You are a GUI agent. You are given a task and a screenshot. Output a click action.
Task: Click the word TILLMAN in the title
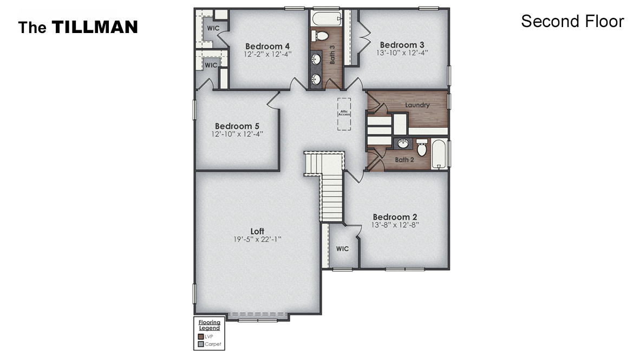tap(94, 27)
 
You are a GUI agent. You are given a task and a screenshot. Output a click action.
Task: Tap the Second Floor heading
tap(572, 21)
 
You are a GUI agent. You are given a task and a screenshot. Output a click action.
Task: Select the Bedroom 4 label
tap(267, 46)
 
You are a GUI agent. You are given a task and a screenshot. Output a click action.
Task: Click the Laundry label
tap(417, 105)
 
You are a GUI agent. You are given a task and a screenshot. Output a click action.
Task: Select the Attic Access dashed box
tap(344, 114)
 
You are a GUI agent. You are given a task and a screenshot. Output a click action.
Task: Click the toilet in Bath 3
tap(321, 36)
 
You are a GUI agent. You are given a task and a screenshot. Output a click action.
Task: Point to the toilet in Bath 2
tap(422, 149)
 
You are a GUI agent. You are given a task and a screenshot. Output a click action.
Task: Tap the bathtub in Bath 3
tap(325, 18)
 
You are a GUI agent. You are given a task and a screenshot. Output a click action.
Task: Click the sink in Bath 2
tap(403, 144)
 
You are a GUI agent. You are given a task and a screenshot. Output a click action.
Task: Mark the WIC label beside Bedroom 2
tap(342, 248)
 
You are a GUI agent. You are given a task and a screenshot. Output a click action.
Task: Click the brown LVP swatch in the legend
tap(201, 336)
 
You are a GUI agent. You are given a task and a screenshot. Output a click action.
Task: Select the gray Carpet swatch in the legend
tap(201, 344)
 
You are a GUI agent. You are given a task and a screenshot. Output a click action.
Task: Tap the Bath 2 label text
tap(404, 160)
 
